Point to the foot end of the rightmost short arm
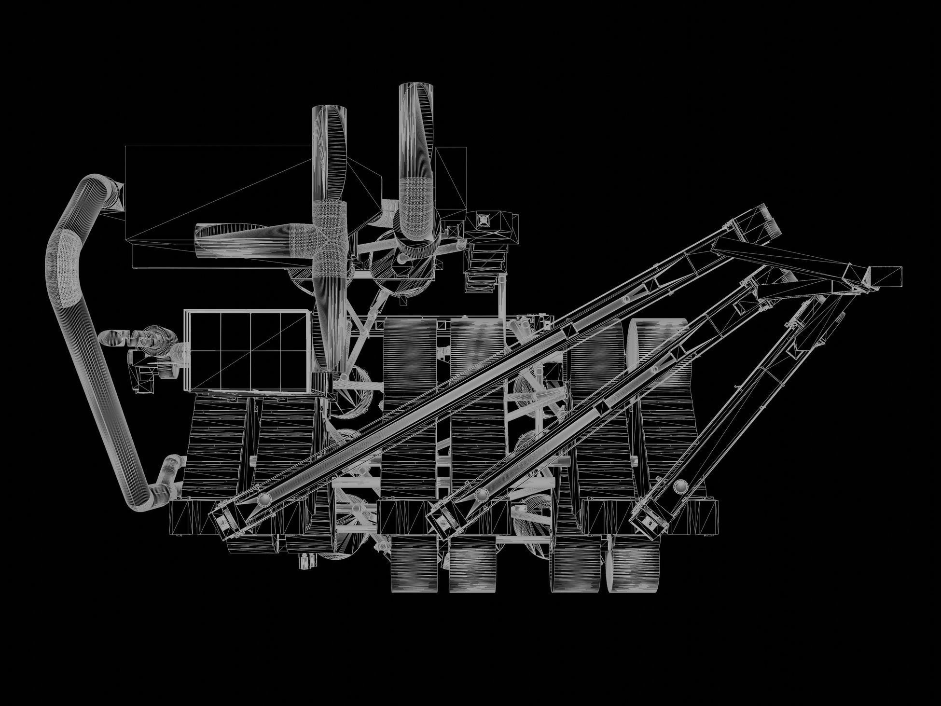[x=647, y=524]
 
